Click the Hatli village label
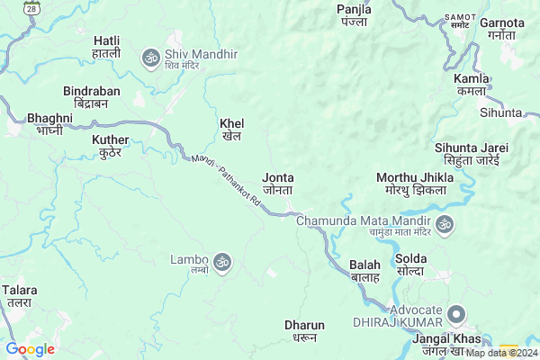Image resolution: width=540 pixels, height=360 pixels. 106,48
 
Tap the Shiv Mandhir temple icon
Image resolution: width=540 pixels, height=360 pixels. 150,58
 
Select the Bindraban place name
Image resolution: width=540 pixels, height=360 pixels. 91,98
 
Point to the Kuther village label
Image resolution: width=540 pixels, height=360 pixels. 111,146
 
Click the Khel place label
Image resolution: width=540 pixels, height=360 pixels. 231,130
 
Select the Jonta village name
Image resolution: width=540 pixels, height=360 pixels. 278,184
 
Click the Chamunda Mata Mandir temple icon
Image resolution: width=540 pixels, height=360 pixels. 444,223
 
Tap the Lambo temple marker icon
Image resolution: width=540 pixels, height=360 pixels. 222,262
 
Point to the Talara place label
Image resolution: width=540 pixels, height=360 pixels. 19,297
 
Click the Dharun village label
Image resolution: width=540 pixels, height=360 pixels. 303,330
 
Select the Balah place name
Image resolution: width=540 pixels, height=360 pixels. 364,271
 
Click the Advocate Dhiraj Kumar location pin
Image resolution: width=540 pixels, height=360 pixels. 456,314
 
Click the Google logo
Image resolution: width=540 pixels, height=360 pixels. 30,349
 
